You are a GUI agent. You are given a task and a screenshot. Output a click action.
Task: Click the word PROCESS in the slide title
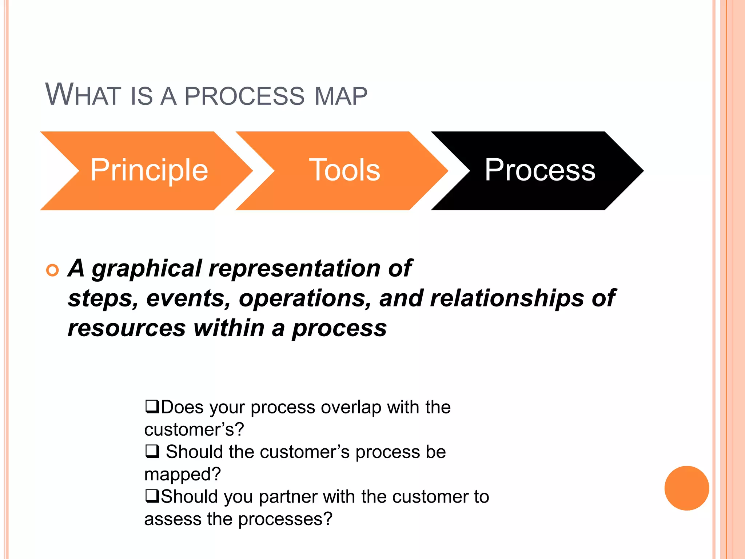244,96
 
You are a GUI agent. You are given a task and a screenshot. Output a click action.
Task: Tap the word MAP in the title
340,96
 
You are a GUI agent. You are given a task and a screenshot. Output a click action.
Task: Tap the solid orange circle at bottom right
686,488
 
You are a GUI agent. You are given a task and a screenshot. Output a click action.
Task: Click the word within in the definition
229,328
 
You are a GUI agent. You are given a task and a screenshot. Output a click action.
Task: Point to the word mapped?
182,475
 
